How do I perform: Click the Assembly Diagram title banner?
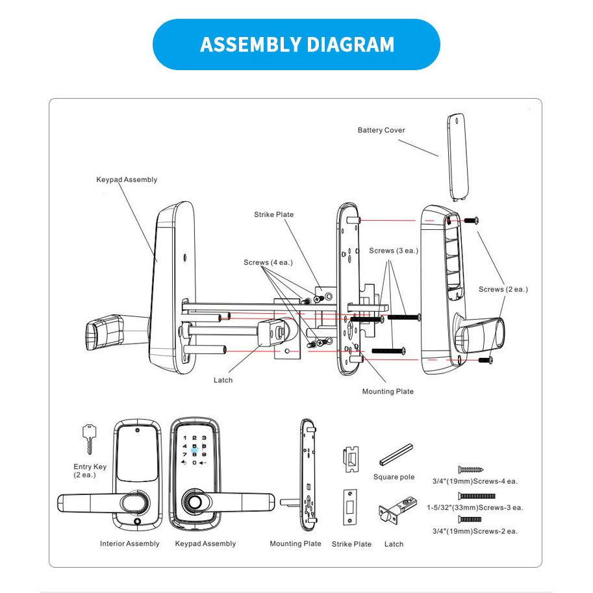(296, 44)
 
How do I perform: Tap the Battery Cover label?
(381, 130)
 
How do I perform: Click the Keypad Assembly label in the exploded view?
(127, 179)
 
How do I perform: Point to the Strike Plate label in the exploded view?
(273, 214)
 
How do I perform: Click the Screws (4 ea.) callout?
(268, 262)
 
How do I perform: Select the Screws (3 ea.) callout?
(394, 250)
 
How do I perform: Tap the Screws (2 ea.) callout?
(503, 289)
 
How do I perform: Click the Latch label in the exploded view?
(223, 380)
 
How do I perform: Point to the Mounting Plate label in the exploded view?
(388, 391)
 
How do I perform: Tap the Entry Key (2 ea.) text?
(90, 470)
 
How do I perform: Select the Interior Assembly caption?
(129, 544)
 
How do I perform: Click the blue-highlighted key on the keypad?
(195, 448)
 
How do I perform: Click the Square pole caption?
(394, 477)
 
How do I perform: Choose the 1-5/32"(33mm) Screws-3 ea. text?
(475, 507)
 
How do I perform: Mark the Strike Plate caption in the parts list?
(351, 544)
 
